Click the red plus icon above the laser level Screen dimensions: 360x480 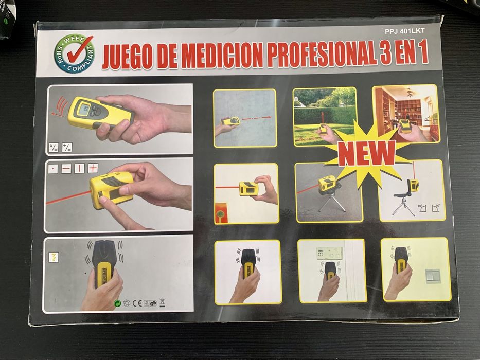click(93, 168)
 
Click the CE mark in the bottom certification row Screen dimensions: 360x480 click(136, 303)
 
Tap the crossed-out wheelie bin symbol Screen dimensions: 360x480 click(162, 303)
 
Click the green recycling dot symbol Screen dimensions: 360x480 click(117, 303)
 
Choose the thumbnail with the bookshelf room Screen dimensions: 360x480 click(405, 113)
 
